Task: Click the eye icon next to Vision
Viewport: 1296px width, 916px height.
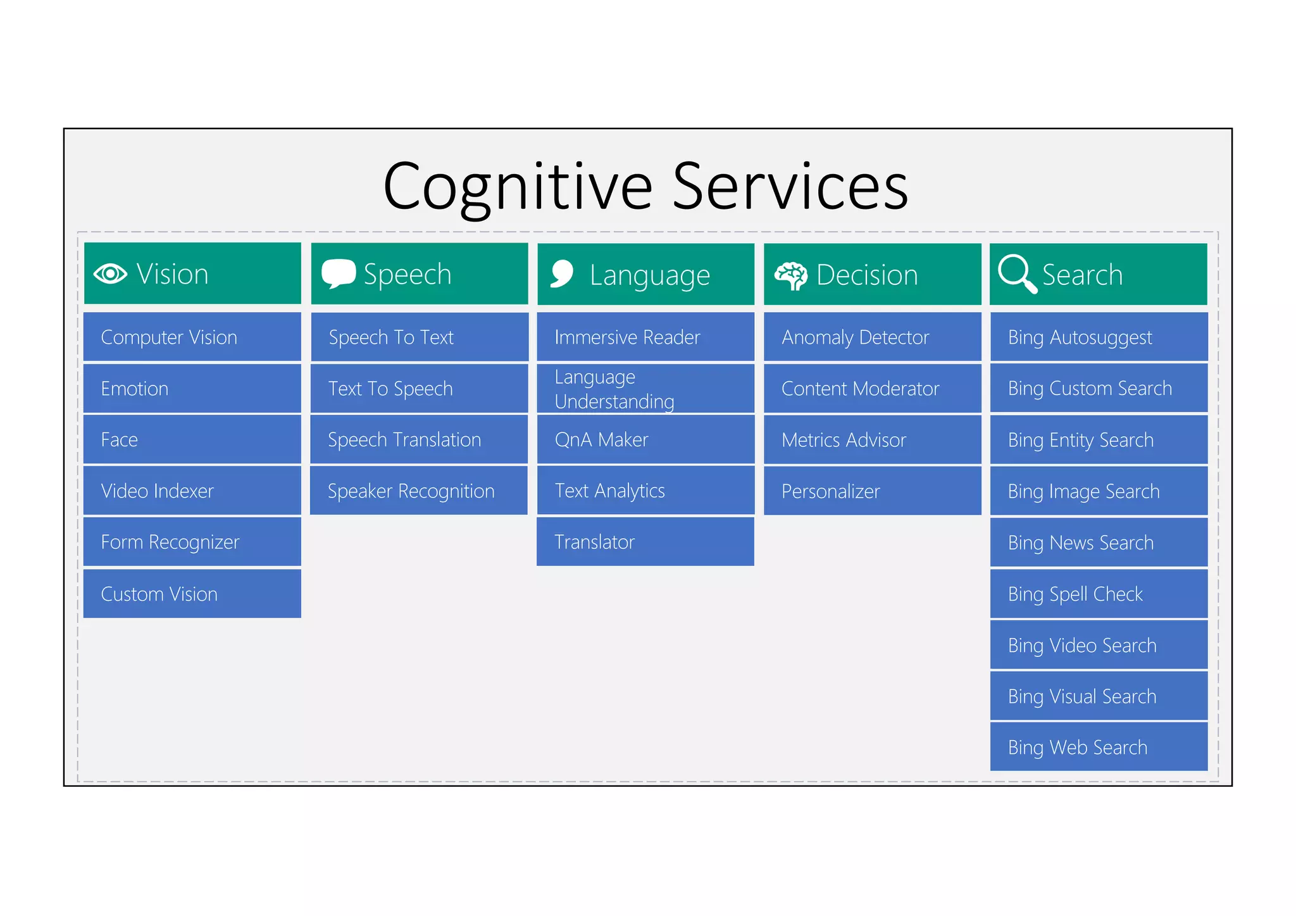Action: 110,274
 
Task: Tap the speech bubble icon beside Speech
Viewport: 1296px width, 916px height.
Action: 338,273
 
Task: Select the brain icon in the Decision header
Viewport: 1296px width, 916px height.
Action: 790,276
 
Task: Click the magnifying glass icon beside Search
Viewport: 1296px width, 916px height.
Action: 1016,274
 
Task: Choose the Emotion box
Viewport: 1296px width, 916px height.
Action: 192,388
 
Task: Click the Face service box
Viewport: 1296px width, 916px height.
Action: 192,439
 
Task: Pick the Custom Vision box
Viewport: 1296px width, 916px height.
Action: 192,594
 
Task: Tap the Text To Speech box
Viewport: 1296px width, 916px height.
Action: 419,388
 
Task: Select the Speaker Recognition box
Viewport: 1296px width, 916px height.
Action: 419,491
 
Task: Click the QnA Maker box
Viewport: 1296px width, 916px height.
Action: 645,439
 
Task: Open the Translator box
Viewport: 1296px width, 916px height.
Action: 645,542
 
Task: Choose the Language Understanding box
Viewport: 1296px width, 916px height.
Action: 645,389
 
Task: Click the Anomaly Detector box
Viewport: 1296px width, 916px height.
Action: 872,337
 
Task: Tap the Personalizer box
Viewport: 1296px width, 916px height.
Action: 872,491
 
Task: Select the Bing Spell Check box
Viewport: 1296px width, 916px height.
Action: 1099,594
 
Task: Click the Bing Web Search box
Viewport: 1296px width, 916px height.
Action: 1099,747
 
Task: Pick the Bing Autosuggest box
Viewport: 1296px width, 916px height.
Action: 1099,337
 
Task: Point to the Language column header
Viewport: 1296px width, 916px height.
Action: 645,275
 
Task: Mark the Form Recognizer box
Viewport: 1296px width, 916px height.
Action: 192,542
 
